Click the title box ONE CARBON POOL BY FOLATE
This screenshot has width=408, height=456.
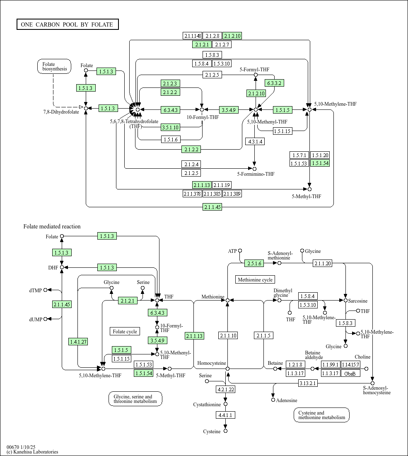pyautogui.click(x=68, y=24)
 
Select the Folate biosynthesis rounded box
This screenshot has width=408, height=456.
pyautogui.click(x=54, y=67)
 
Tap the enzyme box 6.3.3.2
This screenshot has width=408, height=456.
pyautogui.click(x=275, y=83)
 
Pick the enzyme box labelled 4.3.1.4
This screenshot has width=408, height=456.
pyautogui.click(x=255, y=141)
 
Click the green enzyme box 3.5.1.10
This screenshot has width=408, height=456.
pyautogui.click(x=171, y=127)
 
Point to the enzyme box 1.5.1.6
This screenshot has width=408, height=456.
pyautogui.click(x=171, y=139)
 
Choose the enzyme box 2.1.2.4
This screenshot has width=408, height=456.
pyautogui.click(x=191, y=164)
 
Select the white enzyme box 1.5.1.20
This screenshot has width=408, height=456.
pyautogui.click(x=320, y=155)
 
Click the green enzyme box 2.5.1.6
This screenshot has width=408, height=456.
pyautogui.click(x=254, y=263)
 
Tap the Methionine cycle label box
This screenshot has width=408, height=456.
pyautogui.click(x=255, y=280)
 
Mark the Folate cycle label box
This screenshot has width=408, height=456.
pyautogui.click(x=125, y=331)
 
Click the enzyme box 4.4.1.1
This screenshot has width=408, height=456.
pyautogui.click(x=225, y=415)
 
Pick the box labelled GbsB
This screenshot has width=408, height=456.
pyautogui.click(x=350, y=373)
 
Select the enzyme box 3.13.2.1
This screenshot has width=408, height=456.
pyautogui.click(x=308, y=383)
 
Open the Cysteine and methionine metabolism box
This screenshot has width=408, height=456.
pyautogui.click(x=321, y=415)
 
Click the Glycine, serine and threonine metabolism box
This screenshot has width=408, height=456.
pyautogui.click(x=135, y=399)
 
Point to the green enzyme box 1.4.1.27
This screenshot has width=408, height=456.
pyautogui.click(x=78, y=342)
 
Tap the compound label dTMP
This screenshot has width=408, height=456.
pyautogui.click(x=36, y=290)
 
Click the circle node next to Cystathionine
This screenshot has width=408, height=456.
pyautogui.click(x=225, y=404)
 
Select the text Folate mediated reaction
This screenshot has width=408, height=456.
pyautogui.click(x=52, y=226)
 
